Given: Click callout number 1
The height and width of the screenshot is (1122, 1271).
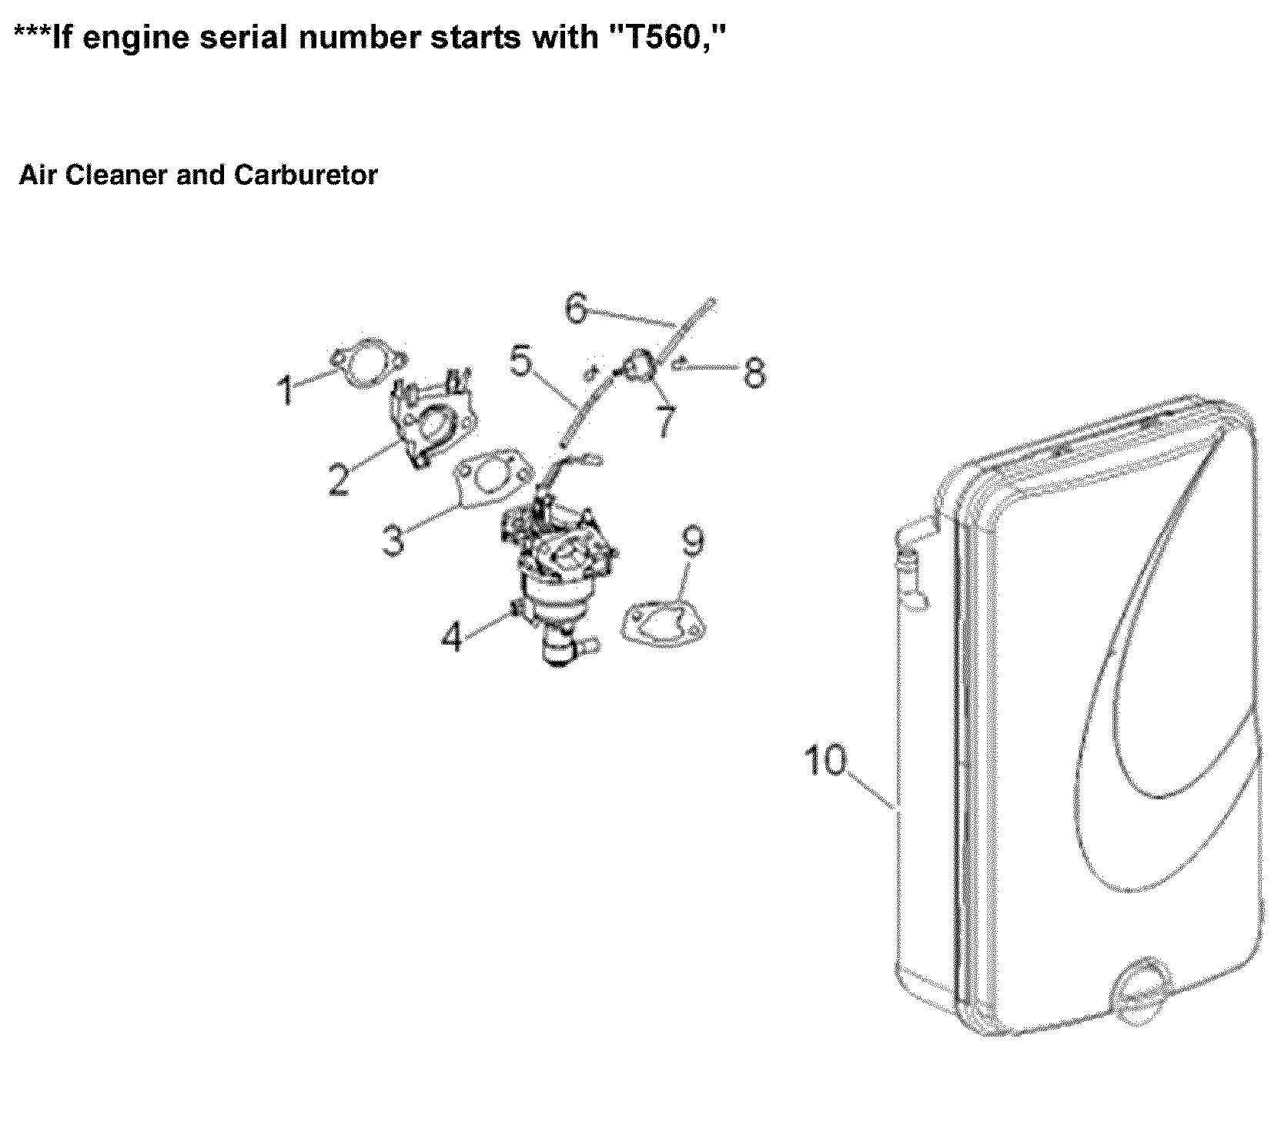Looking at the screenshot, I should point(287,390).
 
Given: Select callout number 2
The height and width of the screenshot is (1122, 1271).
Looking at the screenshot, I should point(338,478).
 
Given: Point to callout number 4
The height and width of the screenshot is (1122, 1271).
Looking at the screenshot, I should point(453,637).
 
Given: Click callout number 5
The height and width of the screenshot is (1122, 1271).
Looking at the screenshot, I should point(521,360).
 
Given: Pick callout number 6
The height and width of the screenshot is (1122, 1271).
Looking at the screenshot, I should point(577,308).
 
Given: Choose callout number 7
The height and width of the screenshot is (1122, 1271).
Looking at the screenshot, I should point(665,422).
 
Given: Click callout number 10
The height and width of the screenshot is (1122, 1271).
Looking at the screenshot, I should point(824,761).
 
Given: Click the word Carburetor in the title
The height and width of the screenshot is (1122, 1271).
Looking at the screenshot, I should point(306,176).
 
